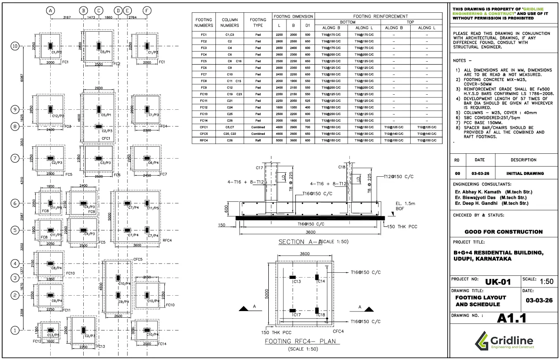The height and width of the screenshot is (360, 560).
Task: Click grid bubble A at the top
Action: (51, 10)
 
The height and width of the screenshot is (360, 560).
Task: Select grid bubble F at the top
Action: (147, 10)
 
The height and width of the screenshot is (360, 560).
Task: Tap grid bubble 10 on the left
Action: (15, 46)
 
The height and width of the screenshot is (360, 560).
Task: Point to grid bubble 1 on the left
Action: (15, 330)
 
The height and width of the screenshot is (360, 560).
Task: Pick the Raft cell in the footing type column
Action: (258, 140)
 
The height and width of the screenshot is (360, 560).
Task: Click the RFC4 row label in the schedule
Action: (204, 140)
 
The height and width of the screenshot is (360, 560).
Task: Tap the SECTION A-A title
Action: (297, 242)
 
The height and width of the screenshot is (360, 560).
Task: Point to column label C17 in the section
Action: (259, 167)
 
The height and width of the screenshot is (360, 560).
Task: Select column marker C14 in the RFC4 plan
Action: (321, 281)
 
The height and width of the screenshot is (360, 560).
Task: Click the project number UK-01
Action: (498, 282)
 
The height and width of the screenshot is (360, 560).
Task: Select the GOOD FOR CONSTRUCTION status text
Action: (503, 232)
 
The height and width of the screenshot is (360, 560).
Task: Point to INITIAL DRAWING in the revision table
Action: (525, 173)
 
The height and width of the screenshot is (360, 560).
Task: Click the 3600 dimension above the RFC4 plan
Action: (304, 254)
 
